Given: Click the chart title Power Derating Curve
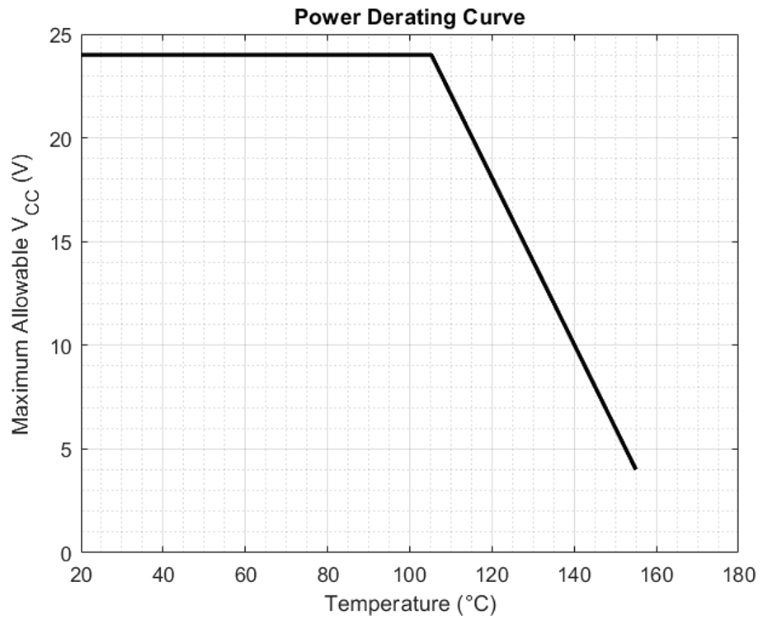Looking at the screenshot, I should [409, 16].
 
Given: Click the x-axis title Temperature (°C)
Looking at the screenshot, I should [410, 604].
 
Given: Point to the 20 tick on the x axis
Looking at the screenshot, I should [82, 574].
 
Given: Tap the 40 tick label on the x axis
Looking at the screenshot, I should [163, 574].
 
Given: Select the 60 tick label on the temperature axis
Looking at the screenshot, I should [246, 574].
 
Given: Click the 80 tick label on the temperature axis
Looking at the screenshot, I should [327, 574].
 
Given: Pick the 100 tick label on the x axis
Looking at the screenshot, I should [410, 574].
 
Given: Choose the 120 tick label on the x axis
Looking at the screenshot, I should [492, 574].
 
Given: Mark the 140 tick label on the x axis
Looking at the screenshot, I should [574, 574].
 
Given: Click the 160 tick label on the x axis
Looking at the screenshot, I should [656, 574].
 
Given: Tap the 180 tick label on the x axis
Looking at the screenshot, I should [737, 574].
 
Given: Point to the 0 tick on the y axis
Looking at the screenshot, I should [65, 553].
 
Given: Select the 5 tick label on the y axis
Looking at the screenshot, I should [65, 449].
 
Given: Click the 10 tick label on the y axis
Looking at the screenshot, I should [60, 345].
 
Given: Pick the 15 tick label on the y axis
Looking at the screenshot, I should [60, 242].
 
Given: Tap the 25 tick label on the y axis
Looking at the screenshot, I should [60, 35].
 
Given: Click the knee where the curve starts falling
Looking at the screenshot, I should [431, 55].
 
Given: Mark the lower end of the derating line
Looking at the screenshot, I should [635, 468].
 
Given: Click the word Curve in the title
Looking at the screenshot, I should [496, 16].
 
